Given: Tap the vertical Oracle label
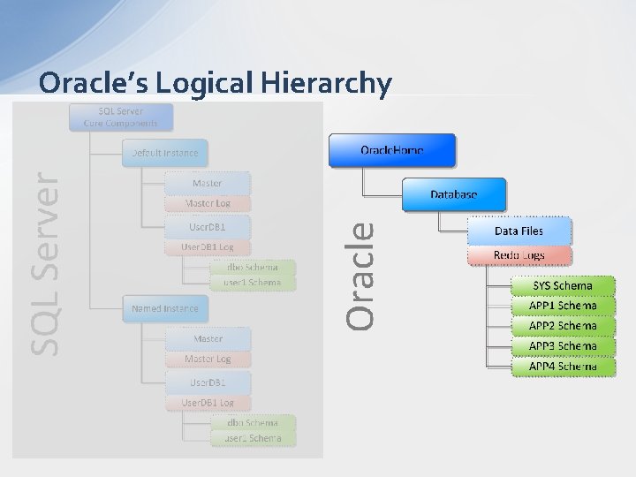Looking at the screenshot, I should [x=359, y=275].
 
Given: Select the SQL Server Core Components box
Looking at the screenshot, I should [x=121, y=117].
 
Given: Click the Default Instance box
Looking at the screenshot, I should [x=165, y=153].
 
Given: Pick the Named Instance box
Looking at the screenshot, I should [x=165, y=309].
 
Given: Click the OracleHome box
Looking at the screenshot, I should [x=392, y=150].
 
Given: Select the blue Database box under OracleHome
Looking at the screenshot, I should [x=454, y=194].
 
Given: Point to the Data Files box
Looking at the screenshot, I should [x=519, y=231].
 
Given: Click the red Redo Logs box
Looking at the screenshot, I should [x=519, y=255].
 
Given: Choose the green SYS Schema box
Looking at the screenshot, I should [x=563, y=286].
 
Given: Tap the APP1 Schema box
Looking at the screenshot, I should [x=563, y=306].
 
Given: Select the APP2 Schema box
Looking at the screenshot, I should [x=563, y=326].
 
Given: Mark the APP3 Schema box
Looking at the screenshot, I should [x=563, y=346].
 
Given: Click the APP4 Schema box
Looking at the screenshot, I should [x=563, y=366].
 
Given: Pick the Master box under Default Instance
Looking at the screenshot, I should [x=208, y=183].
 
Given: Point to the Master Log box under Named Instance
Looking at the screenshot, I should [x=208, y=360].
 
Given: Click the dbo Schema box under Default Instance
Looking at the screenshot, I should [x=253, y=267].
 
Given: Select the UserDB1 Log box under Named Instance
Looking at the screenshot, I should [x=208, y=403].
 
